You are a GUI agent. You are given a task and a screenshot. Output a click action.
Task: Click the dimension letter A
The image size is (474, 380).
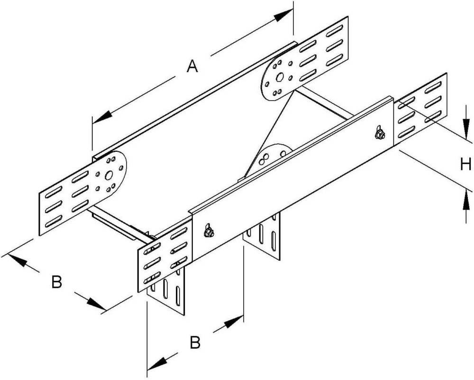click(x=191, y=66)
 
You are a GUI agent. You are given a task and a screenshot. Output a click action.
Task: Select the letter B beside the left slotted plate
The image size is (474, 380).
click(x=56, y=283)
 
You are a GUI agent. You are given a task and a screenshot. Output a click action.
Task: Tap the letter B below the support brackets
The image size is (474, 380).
click(x=195, y=342)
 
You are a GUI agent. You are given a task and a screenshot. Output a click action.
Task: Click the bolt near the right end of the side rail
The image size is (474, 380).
click(x=379, y=133)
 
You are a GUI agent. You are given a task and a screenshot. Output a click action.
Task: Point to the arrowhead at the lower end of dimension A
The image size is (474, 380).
click(x=102, y=116)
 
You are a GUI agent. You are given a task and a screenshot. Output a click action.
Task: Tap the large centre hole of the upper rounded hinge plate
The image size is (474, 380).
click(x=280, y=77)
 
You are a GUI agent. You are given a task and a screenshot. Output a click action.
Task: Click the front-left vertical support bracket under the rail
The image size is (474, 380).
click(x=166, y=290)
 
